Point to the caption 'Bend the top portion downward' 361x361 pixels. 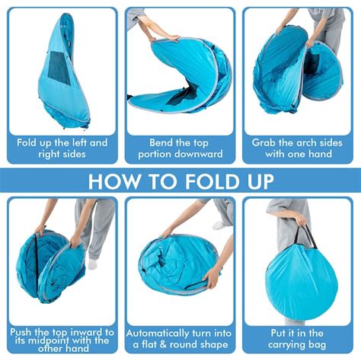pos(180,148)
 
